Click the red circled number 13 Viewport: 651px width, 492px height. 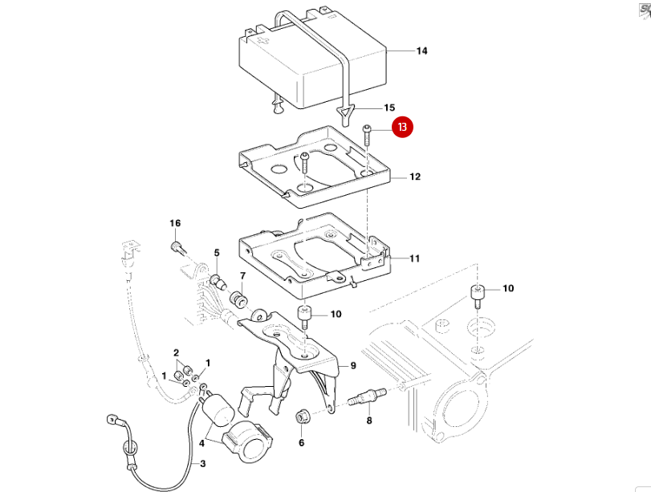click(402, 127)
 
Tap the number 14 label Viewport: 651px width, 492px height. click(421, 51)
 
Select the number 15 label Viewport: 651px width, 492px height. click(389, 107)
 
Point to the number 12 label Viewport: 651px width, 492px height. click(415, 177)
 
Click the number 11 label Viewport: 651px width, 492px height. click(415, 258)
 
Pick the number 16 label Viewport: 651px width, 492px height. click(175, 222)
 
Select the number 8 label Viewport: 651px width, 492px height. click(369, 419)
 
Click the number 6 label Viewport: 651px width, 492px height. click(302, 441)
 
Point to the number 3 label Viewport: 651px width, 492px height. click(202, 463)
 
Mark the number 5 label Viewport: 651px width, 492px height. click(216, 254)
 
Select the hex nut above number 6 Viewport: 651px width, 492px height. click(303, 416)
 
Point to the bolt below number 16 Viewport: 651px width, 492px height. click(177, 246)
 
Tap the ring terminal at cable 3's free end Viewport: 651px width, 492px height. click(113, 419)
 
